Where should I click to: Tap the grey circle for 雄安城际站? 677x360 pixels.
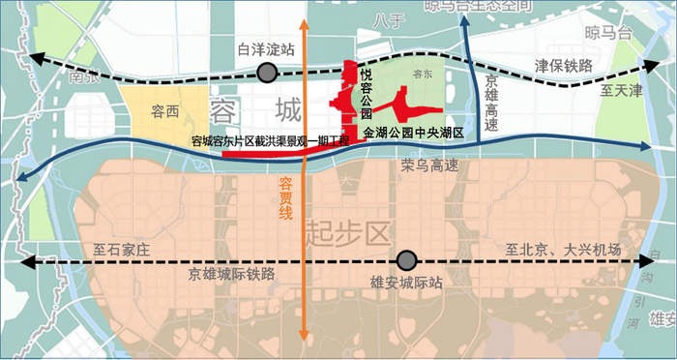(407, 259)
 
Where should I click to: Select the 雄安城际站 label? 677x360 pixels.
(405, 283)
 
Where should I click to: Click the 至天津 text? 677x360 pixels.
(620, 91)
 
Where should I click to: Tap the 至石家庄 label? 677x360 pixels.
(123, 249)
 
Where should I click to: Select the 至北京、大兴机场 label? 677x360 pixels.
(563, 249)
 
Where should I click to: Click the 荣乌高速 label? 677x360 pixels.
(430, 166)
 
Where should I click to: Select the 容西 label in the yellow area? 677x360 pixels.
(165, 111)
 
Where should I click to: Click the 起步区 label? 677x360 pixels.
(345, 231)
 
